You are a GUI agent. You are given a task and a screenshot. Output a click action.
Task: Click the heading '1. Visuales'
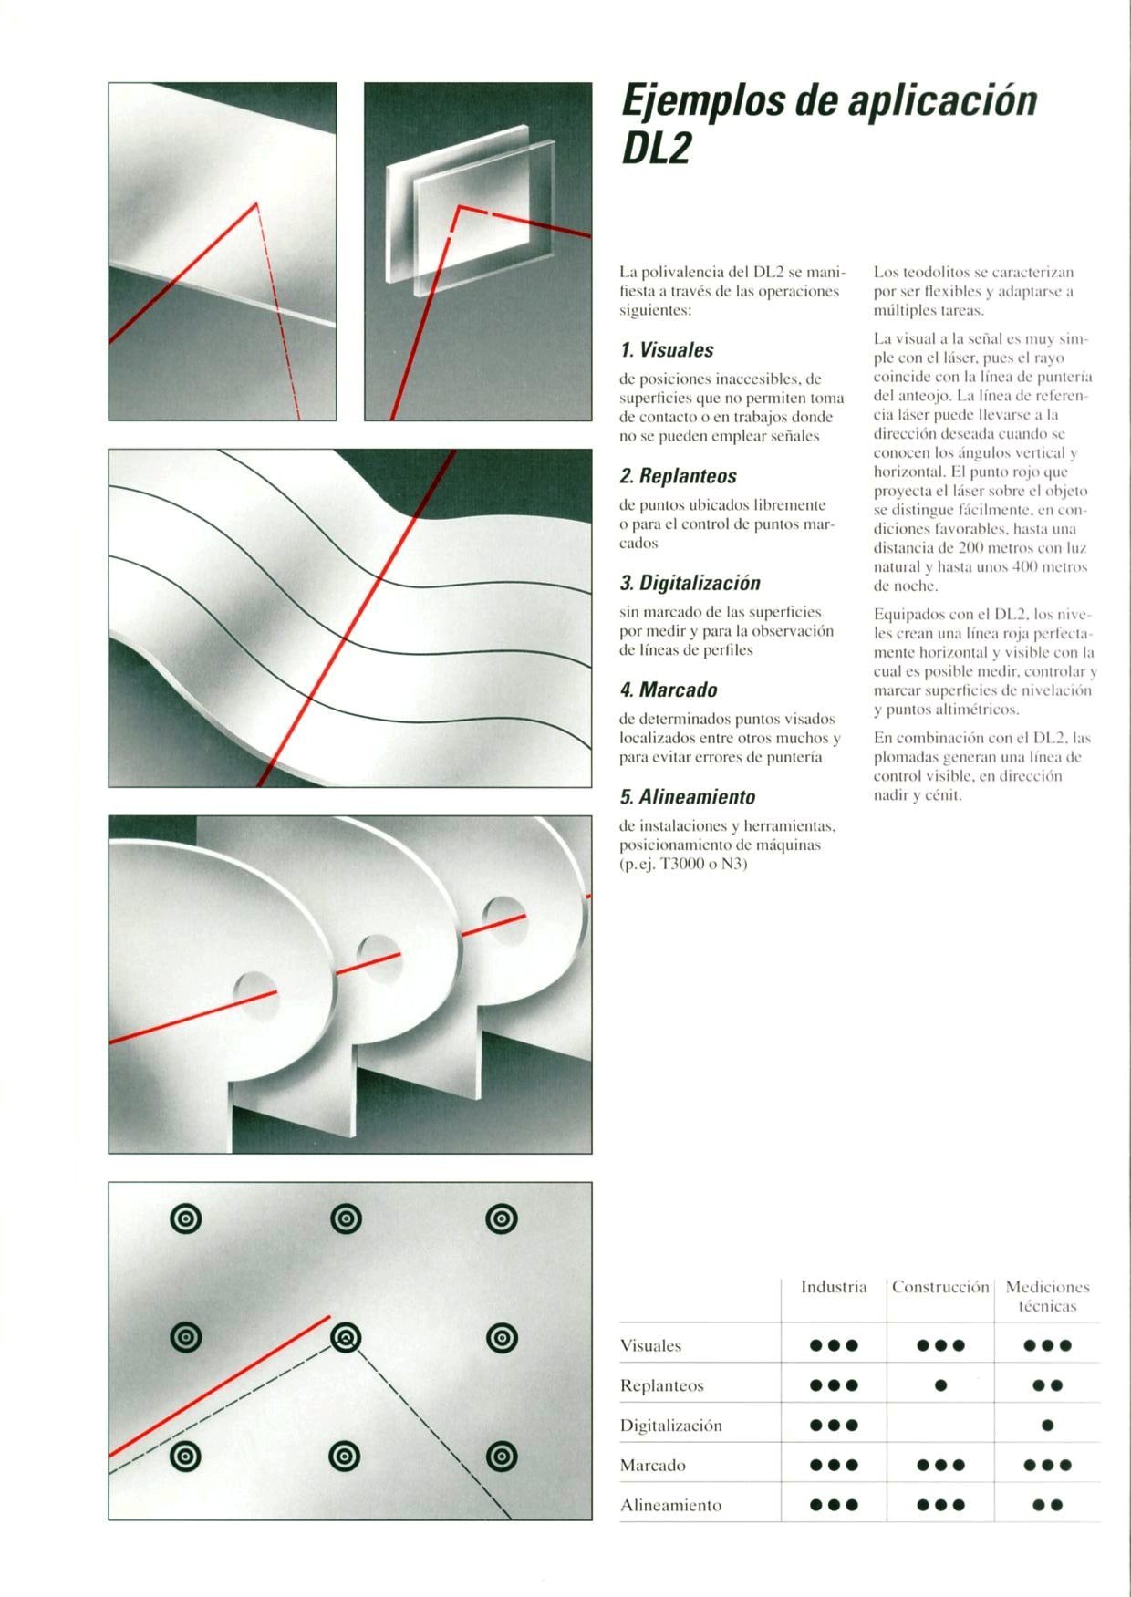[x=667, y=350]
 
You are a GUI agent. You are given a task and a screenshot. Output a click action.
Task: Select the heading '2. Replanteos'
[x=678, y=476]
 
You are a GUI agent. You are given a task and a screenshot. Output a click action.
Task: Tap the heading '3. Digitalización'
[x=690, y=583]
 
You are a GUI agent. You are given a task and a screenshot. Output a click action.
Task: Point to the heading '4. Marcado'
[x=669, y=690]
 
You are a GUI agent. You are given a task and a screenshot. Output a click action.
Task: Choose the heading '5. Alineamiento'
[x=688, y=797]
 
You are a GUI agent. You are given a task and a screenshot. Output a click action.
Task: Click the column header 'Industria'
[x=834, y=1287]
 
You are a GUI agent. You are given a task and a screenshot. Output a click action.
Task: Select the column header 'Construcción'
[x=940, y=1287]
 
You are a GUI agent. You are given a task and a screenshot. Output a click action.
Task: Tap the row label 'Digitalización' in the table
[x=670, y=1426]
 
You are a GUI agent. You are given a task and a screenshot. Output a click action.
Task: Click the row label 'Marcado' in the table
[x=652, y=1466]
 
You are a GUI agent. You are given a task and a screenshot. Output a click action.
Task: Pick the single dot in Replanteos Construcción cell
[x=940, y=1385]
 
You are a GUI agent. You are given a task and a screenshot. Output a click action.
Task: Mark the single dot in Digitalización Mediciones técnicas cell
[x=1047, y=1426]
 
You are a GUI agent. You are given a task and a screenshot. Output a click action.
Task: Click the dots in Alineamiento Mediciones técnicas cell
[x=1047, y=1506]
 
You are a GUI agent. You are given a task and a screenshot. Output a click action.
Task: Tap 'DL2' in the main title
[x=655, y=150]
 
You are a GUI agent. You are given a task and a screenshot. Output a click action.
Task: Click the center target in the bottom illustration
[x=346, y=1338]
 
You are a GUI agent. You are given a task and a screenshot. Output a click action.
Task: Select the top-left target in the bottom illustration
[x=186, y=1218]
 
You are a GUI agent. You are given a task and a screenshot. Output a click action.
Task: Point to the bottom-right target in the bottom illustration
[x=503, y=1457]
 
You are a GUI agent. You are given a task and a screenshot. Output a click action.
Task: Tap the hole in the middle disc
[x=378, y=954]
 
